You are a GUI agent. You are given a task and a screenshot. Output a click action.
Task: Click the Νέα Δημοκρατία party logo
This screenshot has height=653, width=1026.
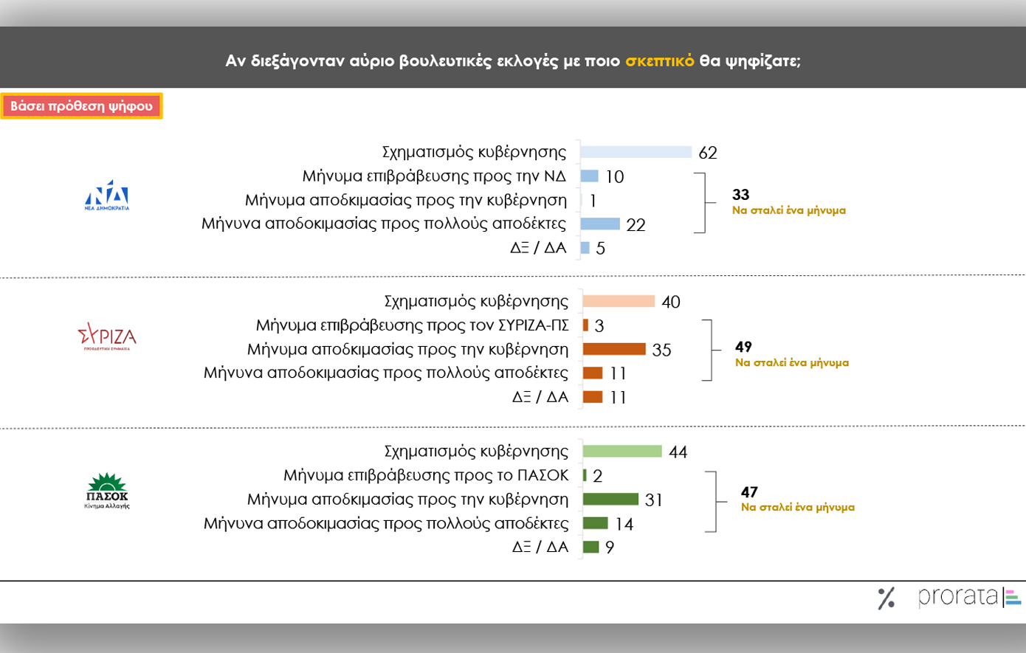click(107, 195)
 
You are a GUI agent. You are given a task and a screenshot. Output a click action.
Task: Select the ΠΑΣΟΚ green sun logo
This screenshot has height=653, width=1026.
click(107, 490)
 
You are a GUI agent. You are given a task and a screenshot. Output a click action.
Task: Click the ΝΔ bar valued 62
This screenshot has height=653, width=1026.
click(636, 152)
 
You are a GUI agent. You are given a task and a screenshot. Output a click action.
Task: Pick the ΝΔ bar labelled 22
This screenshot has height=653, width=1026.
click(600, 224)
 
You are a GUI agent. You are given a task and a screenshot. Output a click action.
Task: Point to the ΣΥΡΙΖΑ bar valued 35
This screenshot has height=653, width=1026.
click(614, 349)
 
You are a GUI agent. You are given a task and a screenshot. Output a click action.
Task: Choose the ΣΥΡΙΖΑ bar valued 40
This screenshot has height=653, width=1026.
click(619, 301)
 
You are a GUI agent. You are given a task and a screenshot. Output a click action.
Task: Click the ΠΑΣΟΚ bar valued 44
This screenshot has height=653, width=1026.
click(622, 452)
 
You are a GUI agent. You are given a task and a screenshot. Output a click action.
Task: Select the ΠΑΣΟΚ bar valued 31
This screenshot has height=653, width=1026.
click(610, 500)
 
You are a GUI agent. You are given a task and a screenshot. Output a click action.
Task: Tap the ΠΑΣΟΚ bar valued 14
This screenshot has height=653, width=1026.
click(595, 523)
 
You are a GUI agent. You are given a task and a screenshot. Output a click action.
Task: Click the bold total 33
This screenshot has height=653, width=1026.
click(740, 195)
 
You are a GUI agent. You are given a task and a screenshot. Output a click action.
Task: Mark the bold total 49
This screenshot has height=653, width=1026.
click(743, 347)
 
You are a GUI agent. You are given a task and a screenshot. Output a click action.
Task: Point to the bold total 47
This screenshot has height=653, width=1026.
click(749, 492)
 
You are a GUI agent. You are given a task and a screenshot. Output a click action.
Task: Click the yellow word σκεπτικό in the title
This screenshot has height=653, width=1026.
click(659, 61)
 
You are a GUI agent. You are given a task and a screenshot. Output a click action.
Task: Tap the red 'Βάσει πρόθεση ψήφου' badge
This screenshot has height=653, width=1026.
click(81, 106)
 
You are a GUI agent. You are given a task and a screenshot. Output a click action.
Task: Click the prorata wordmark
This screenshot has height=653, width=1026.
click(958, 596)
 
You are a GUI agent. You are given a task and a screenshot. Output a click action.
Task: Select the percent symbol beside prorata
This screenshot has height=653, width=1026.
click(886, 598)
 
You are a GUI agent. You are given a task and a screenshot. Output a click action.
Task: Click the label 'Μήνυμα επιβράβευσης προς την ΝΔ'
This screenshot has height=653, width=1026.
click(434, 176)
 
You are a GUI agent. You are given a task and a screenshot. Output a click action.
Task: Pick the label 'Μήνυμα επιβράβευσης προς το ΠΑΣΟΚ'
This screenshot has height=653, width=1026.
click(426, 475)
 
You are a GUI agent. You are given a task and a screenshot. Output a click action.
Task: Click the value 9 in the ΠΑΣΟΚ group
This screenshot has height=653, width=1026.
click(610, 547)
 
